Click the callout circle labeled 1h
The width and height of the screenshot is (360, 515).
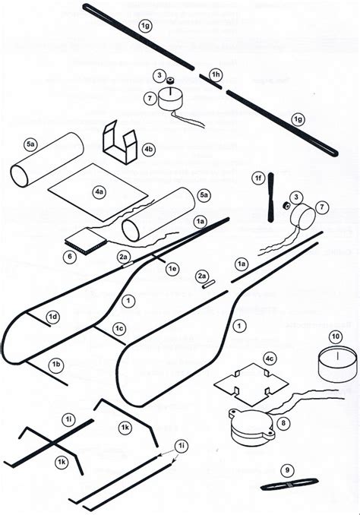pos(216,74)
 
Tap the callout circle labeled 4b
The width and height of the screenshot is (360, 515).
pos(149,150)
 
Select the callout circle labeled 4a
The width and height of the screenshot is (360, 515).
pos(99,193)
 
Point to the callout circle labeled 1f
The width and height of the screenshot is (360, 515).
pos(258,178)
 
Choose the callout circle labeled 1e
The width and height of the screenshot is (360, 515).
pos(172,269)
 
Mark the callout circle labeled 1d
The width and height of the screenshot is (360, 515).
pos(53,315)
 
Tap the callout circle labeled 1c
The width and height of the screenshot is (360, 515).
pos(119,328)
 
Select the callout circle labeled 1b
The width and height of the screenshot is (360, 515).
pos(55,365)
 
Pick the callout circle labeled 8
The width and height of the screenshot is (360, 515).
pos(283,423)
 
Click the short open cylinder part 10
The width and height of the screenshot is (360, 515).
pos(334,366)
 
